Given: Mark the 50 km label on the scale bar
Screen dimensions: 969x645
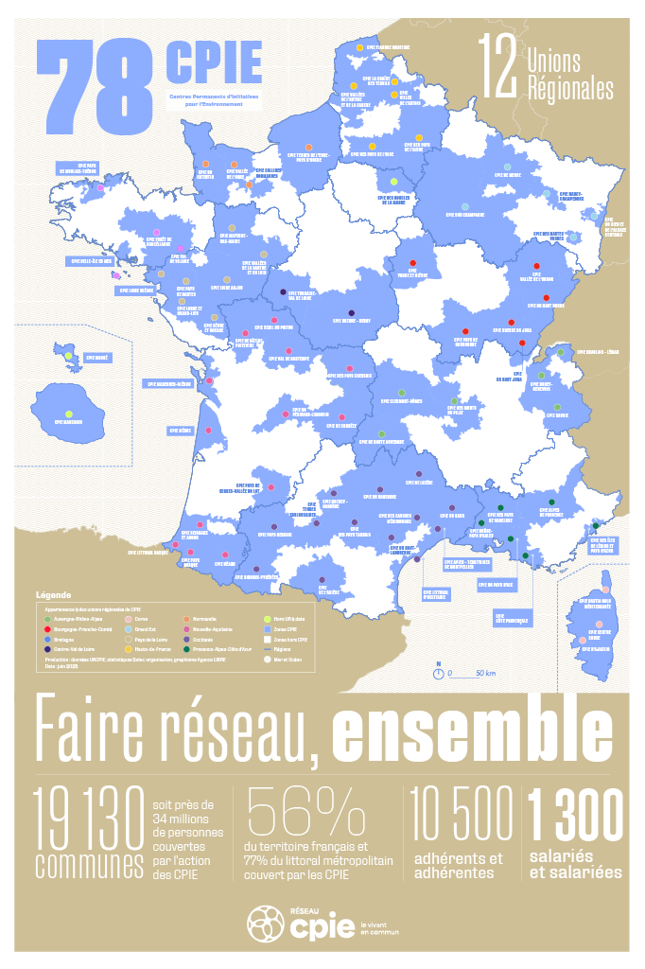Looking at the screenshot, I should click(460, 673).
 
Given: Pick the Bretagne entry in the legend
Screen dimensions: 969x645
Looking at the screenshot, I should click(64, 639).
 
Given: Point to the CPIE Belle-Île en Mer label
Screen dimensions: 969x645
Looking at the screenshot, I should click(90, 260).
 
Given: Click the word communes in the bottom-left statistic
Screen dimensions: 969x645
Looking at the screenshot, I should click(89, 865).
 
